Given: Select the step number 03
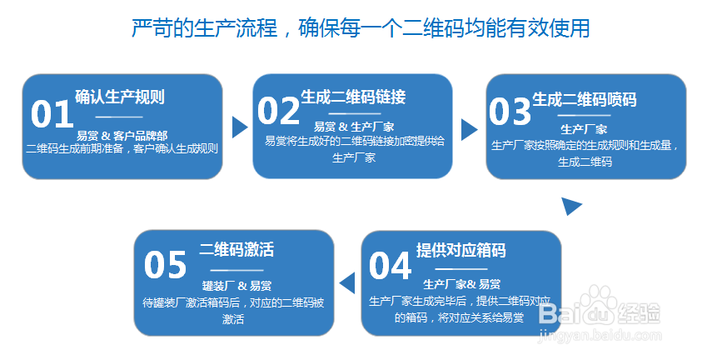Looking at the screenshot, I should click(x=510, y=111).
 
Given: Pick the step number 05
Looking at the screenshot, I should click(x=165, y=265).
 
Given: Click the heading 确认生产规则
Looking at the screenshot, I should click(x=120, y=97).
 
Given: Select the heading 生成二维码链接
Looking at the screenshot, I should click(x=353, y=97).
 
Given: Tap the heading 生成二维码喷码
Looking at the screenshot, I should click(x=584, y=100).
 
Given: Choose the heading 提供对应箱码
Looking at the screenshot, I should click(x=461, y=251).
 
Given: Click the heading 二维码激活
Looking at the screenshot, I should click(x=236, y=250).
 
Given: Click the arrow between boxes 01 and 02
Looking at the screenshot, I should click(x=240, y=127).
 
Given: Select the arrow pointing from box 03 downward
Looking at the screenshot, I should click(x=571, y=206).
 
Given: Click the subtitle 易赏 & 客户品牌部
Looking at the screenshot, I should click(x=122, y=135).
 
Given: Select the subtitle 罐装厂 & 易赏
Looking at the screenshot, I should click(x=236, y=285).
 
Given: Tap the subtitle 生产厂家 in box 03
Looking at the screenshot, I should click(x=584, y=129).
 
